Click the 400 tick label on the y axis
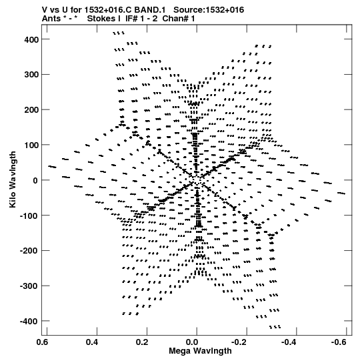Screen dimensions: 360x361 (31, 39)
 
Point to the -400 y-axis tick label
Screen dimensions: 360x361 (29, 321)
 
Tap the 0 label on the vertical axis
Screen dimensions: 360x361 (35, 180)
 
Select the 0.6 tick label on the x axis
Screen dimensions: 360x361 (43, 342)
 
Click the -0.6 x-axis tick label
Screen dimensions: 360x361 (339, 342)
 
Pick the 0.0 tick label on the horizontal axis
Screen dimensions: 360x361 (193, 342)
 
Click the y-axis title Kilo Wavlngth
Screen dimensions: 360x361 (13, 179)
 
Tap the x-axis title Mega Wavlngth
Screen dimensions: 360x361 (200, 351)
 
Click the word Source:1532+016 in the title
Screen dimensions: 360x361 (209, 10)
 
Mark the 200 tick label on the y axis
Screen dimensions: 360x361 (31, 110)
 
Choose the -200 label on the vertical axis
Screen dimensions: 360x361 (29, 251)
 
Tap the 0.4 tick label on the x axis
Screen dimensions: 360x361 (92, 342)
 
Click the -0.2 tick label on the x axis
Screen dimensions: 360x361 (239, 342)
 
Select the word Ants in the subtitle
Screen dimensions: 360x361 (51, 19)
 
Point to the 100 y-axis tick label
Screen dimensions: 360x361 (31, 145)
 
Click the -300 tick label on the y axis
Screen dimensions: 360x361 (29, 286)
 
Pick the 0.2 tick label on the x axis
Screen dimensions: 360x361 (143, 342)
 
